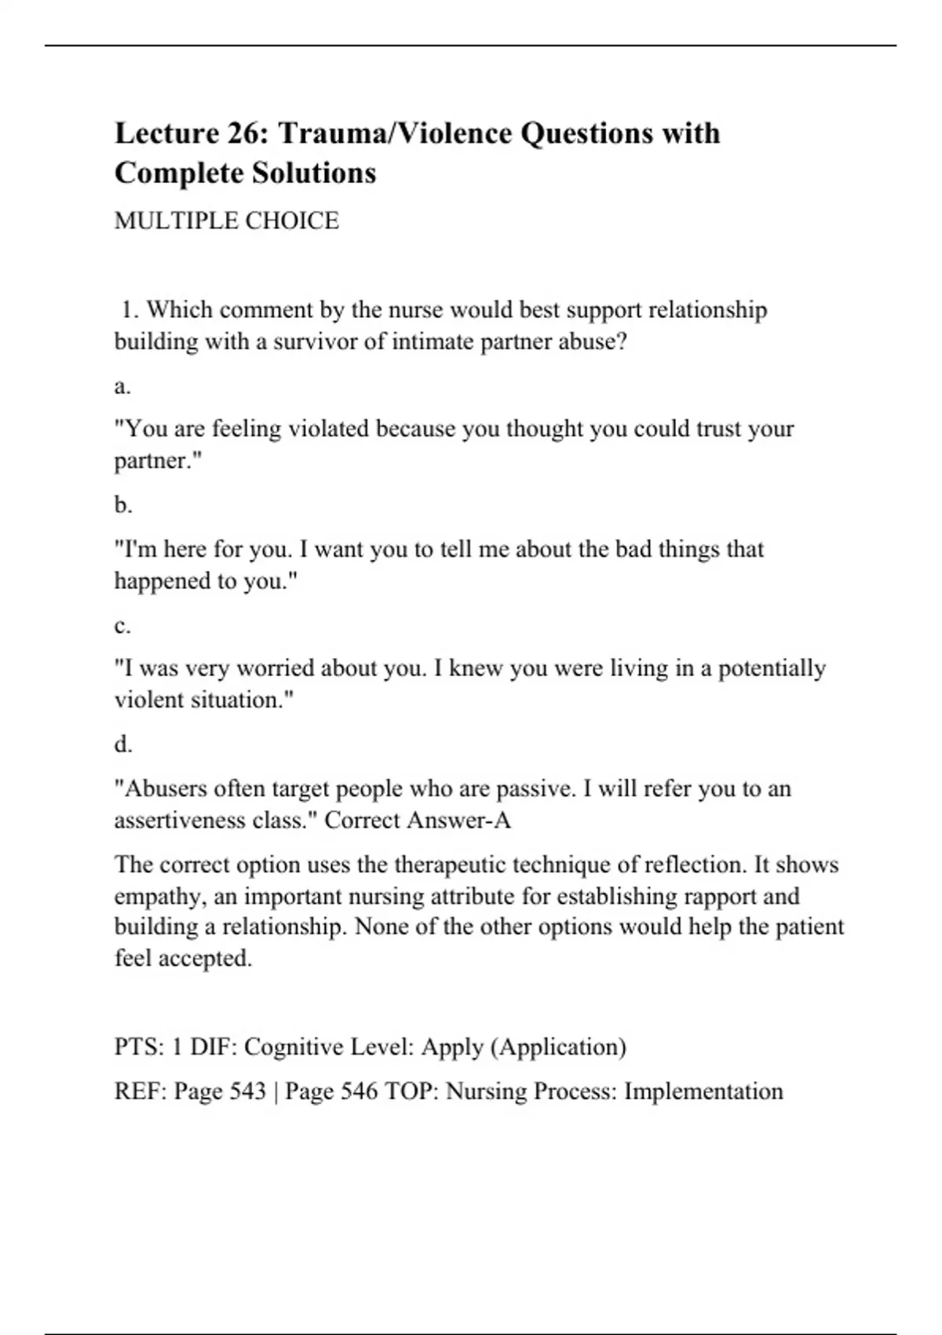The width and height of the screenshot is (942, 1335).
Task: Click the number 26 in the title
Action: [x=246, y=133]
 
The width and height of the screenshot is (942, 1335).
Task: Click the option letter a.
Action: [x=122, y=386]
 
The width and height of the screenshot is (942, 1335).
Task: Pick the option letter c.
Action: [x=122, y=627]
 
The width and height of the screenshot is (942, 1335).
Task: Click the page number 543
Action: [x=248, y=1092]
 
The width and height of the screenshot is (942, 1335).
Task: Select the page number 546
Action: [x=360, y=1092]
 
